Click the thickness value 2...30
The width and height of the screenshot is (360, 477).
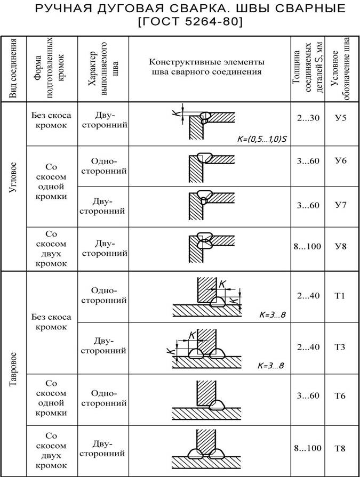click(308, 118)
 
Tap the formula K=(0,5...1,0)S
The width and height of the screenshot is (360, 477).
click(262, 139)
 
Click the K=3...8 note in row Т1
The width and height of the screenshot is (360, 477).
click(272, 314)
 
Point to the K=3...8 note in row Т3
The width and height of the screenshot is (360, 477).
click(270, 366)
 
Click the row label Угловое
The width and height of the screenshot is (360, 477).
click(14, 179)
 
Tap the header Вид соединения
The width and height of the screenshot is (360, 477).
click(14, 68)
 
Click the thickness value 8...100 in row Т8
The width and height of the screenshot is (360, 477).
click(308, 448)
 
